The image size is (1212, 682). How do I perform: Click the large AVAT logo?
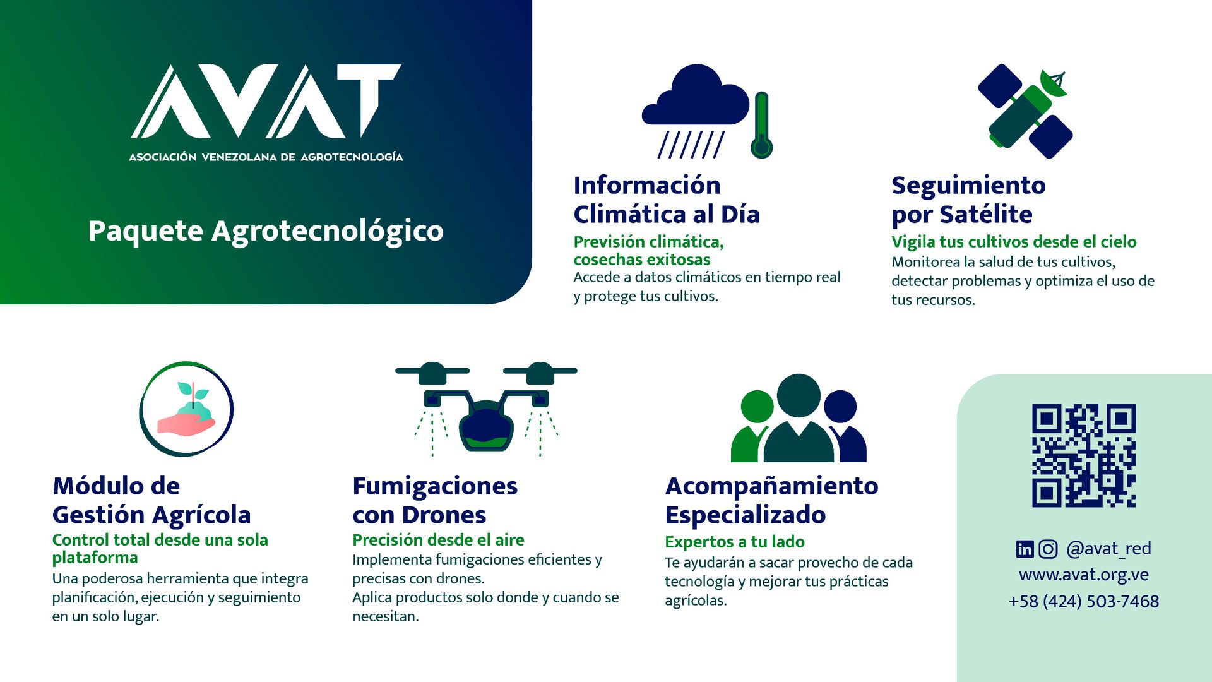(266, 101)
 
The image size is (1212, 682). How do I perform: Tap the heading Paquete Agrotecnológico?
(266, 232)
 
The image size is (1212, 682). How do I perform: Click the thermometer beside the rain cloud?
(762, 125)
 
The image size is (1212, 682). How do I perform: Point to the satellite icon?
(1025, 111)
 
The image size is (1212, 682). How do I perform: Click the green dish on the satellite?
(1053, 83)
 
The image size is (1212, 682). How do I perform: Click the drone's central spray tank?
(485, 426)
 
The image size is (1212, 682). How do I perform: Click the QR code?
(1084, 455)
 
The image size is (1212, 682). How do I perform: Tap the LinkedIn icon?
(1025, 549)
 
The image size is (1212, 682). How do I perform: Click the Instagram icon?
(1048, 549)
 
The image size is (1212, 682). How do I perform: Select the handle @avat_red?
(1108, 549)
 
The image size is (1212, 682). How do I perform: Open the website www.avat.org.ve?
(1084, 575)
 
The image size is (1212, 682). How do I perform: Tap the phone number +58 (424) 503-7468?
(1084, 601)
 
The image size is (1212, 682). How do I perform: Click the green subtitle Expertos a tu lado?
(735, 542)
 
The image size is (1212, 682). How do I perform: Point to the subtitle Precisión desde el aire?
(438, 540)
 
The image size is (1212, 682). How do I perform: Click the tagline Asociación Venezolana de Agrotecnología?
(266, 157)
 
